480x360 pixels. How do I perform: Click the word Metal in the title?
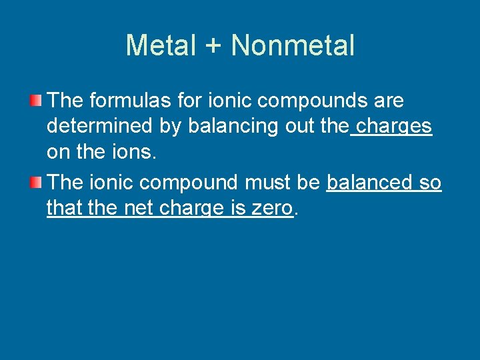click(x=161, y=45)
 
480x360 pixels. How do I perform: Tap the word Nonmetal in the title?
click(x=292, y=45)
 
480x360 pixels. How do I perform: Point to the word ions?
click(x=135, y=152)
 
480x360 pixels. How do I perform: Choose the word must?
click(x=267, y=182)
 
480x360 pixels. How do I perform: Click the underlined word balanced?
click(x=368, y=182)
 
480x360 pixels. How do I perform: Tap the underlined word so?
click(x=430, y=182)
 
